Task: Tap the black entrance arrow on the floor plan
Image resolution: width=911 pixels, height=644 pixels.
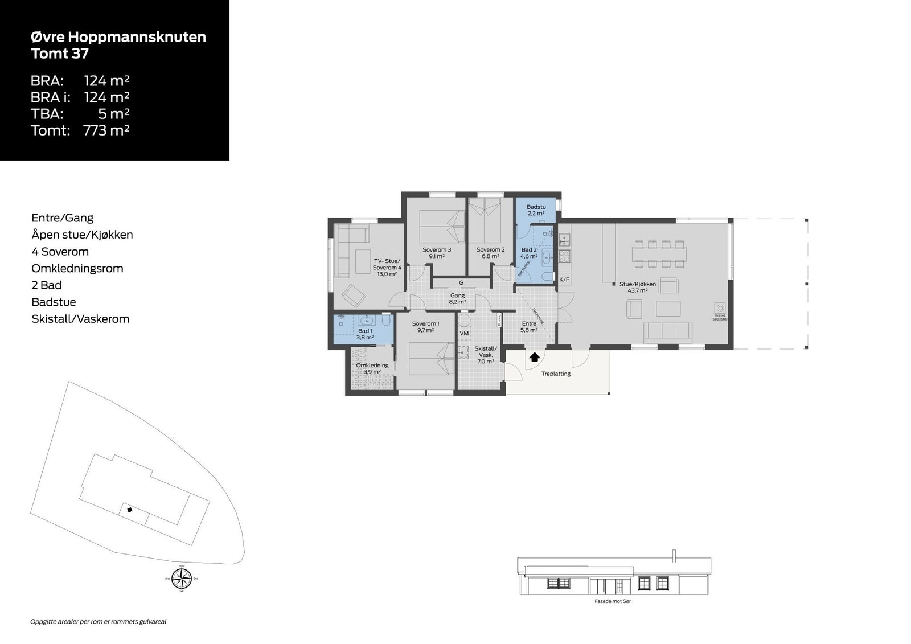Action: pos(535,357)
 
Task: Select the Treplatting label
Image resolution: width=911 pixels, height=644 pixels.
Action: pos(556,374)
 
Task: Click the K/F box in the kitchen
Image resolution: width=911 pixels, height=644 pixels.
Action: pos(564,280)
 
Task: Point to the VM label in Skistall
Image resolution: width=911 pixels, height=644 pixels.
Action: pos(464,333)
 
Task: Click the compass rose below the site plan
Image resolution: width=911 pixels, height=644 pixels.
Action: pos(182,579)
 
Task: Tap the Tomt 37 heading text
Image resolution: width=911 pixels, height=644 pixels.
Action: pos(60,54)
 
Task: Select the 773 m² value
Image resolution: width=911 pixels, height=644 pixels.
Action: pos(106,130)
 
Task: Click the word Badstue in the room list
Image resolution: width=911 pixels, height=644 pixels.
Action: pos(54,302)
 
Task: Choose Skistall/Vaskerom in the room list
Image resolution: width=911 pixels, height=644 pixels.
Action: pos(80,319)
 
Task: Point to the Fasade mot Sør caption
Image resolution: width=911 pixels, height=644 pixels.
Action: pos(613,601)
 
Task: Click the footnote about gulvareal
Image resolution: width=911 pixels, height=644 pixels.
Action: pos(98,622)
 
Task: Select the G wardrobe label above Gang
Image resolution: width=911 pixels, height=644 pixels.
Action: pos(461,283)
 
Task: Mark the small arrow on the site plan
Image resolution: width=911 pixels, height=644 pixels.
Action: pos(130,510)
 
